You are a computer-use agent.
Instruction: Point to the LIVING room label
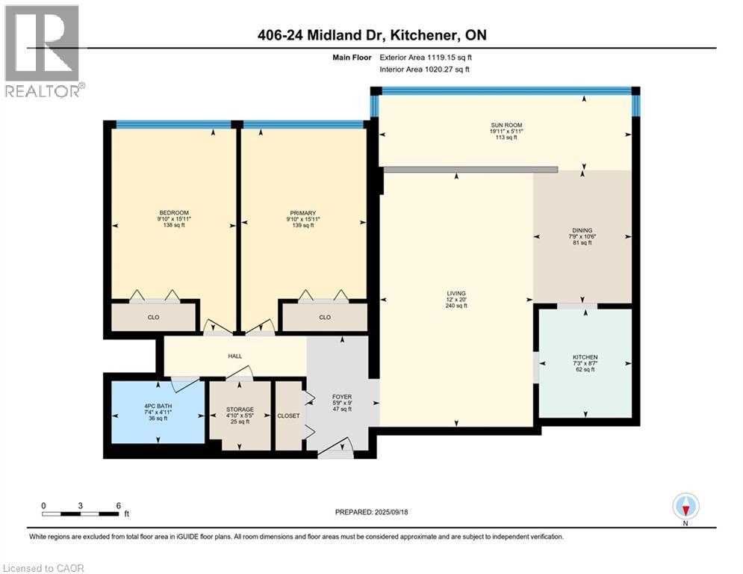tap(456, 294)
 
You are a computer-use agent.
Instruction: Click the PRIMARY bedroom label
tap(302, 213)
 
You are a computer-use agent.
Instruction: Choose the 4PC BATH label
tap(158, 406)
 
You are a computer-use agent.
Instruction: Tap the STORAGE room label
tap(240, 410)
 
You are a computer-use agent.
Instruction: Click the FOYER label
tap(341, 397)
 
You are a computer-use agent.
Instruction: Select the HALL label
tap(234, 356)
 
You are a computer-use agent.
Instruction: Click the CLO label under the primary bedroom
tap(324, 317)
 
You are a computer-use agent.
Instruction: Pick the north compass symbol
tap(685, 507)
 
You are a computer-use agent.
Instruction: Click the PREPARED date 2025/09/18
tap(373, 512)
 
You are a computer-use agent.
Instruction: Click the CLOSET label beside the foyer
tap(287, 416)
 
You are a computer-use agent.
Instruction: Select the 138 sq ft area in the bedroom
tap(173, 225)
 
